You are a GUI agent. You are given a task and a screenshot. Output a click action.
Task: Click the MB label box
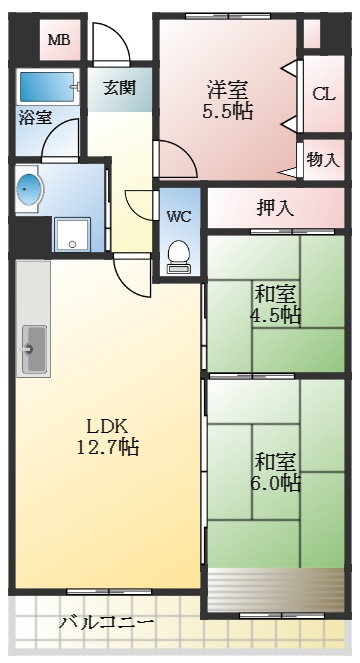tap(59, 40)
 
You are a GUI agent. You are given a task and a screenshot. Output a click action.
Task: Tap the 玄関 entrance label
tap(119, 87)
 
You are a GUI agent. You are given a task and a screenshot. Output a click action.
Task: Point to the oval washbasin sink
tap(30, 189)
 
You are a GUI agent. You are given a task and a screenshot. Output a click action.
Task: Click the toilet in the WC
tap(180, 255)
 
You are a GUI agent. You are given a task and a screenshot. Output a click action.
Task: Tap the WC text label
tap(180, 216)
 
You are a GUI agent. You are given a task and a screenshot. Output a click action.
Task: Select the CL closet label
tap(323, 95)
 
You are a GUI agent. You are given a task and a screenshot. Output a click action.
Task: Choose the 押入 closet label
tap(275, 208)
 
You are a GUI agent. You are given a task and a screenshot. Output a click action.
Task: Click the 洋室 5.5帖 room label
tap(229, 98)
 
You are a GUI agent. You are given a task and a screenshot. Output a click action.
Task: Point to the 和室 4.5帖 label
tap(275, 304)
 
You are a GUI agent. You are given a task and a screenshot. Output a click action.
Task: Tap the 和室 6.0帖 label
tap(276, 471)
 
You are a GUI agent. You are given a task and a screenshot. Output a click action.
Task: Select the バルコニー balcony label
tap(106, 622)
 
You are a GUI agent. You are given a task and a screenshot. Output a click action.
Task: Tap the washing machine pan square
tap(72, 235)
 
